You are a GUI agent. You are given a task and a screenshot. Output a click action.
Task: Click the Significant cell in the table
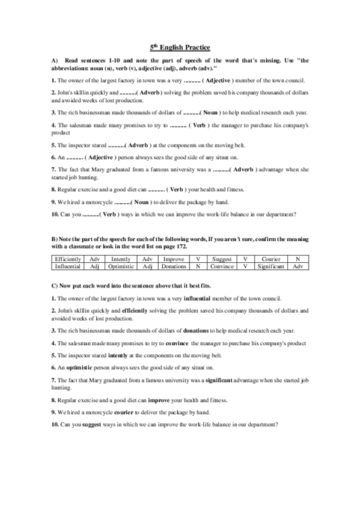tap(276, 265)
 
